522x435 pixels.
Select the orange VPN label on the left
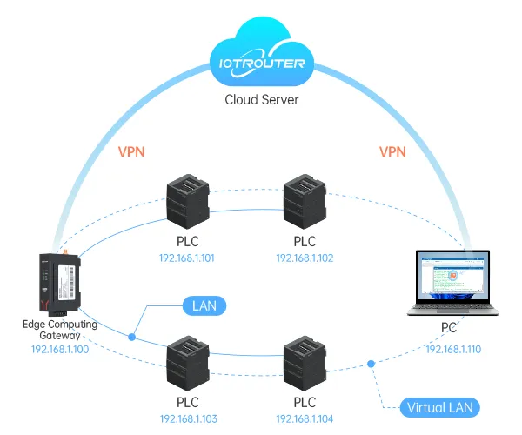pyautogui.click(x=131, y=151)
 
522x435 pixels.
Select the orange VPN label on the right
pyautogui.click(x=392, y=151)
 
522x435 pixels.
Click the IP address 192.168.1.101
pyautogui.click(x=186, y=258)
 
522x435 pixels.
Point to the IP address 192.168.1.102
pyautogui.click(x=304, y=258)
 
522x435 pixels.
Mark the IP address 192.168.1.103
pyautogui.click(x=186, y=419)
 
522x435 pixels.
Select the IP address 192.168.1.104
pyautogui.click(x=304, y=419)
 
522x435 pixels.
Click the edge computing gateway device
pyautogui.click(x=57, y=283)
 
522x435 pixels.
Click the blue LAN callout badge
pyautogui.click(x=204, y=305)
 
